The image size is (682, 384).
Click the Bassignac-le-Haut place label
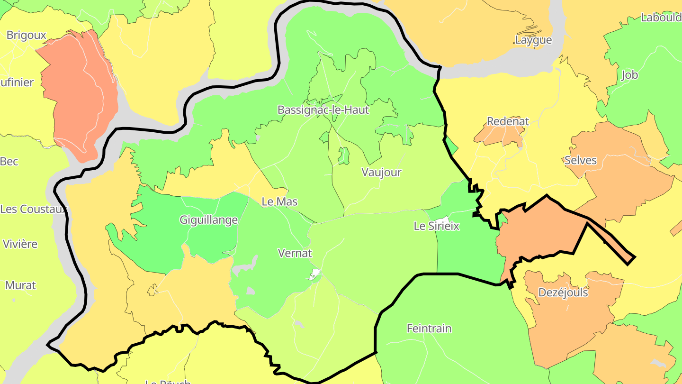(323, 110)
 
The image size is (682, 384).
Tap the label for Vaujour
(381, 172)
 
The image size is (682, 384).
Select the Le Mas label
(279, 201)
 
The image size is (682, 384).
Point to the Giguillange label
(208, 220)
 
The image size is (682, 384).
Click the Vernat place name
(295, 253)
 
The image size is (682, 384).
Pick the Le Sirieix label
(436, 226)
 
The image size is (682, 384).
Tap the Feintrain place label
(429, 328)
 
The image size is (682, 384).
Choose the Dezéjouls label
(563, 293)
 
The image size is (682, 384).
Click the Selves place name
(581, 160)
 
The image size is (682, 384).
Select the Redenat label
(508, 121)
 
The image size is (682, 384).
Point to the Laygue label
(533, 40)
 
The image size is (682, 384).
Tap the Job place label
(629, 75)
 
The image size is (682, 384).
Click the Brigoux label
(27, 35)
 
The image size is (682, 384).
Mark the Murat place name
(20, 285)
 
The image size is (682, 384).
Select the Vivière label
(20, 244)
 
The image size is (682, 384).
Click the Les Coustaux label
(33, 209)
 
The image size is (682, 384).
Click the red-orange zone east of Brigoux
(81, 95)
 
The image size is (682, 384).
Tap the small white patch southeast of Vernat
(315, 274)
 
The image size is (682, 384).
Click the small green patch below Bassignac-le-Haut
(344, 155)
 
